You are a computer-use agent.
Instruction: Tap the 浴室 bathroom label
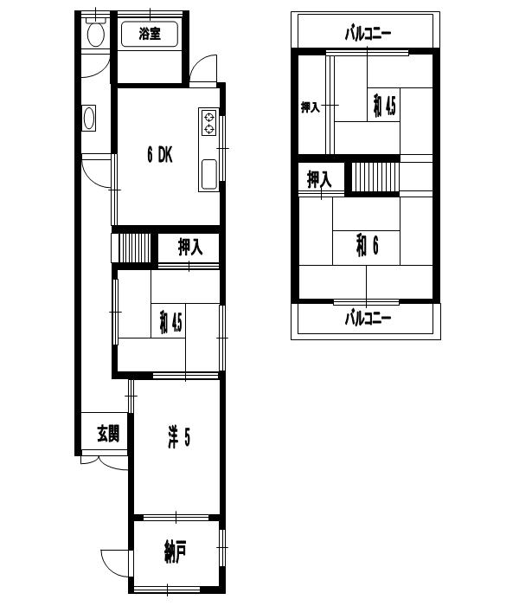[x=150, y=34]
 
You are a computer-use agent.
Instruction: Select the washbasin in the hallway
[x=89, y=119]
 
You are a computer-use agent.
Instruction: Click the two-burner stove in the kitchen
[x=209, y=123]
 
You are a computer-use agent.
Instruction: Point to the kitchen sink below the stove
[x=209, y=174]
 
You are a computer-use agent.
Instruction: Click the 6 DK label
[x=159, y=155]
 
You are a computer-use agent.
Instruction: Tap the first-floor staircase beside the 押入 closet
[x=134, y=248]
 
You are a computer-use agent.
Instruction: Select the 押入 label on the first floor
[x=190, y=248]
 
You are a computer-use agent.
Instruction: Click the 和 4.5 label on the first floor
[x=170, y=323]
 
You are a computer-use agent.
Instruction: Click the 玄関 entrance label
[x=108, y=434]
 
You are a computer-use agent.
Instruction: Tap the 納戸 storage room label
[x=176, y=552]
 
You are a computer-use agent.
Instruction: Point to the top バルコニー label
[x=368, y=34]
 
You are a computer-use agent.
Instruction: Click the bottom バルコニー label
[x=368, y=319]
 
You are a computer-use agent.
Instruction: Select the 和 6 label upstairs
[x=368, y=246]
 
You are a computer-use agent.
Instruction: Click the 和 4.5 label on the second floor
[x=384, y=106]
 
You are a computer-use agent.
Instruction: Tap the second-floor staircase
[x=375, y=177]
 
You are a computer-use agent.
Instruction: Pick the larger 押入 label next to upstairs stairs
[x=319, y=180]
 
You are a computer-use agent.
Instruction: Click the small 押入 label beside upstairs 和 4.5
[x=311, y=107]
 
